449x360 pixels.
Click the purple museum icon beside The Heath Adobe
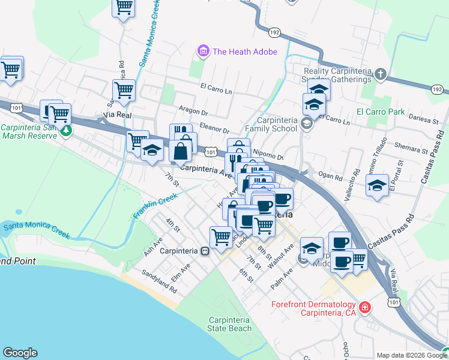(x=203, y=52)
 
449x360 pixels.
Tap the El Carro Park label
(x=381, y=112)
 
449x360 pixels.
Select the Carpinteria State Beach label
(x=230, y=324)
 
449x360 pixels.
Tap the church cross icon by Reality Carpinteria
(x=380, y=75)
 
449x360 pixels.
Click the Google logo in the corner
(x=20, y=353)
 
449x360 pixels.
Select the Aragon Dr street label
(x=193, y=112)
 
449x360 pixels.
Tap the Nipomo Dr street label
(x=268, y=154)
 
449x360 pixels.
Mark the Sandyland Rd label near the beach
(x=159, y=281)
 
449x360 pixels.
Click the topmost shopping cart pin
(x=124, y=7)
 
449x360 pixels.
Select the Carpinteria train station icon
(x=205, y=251)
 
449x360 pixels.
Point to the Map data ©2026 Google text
(x=410, y=355)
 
